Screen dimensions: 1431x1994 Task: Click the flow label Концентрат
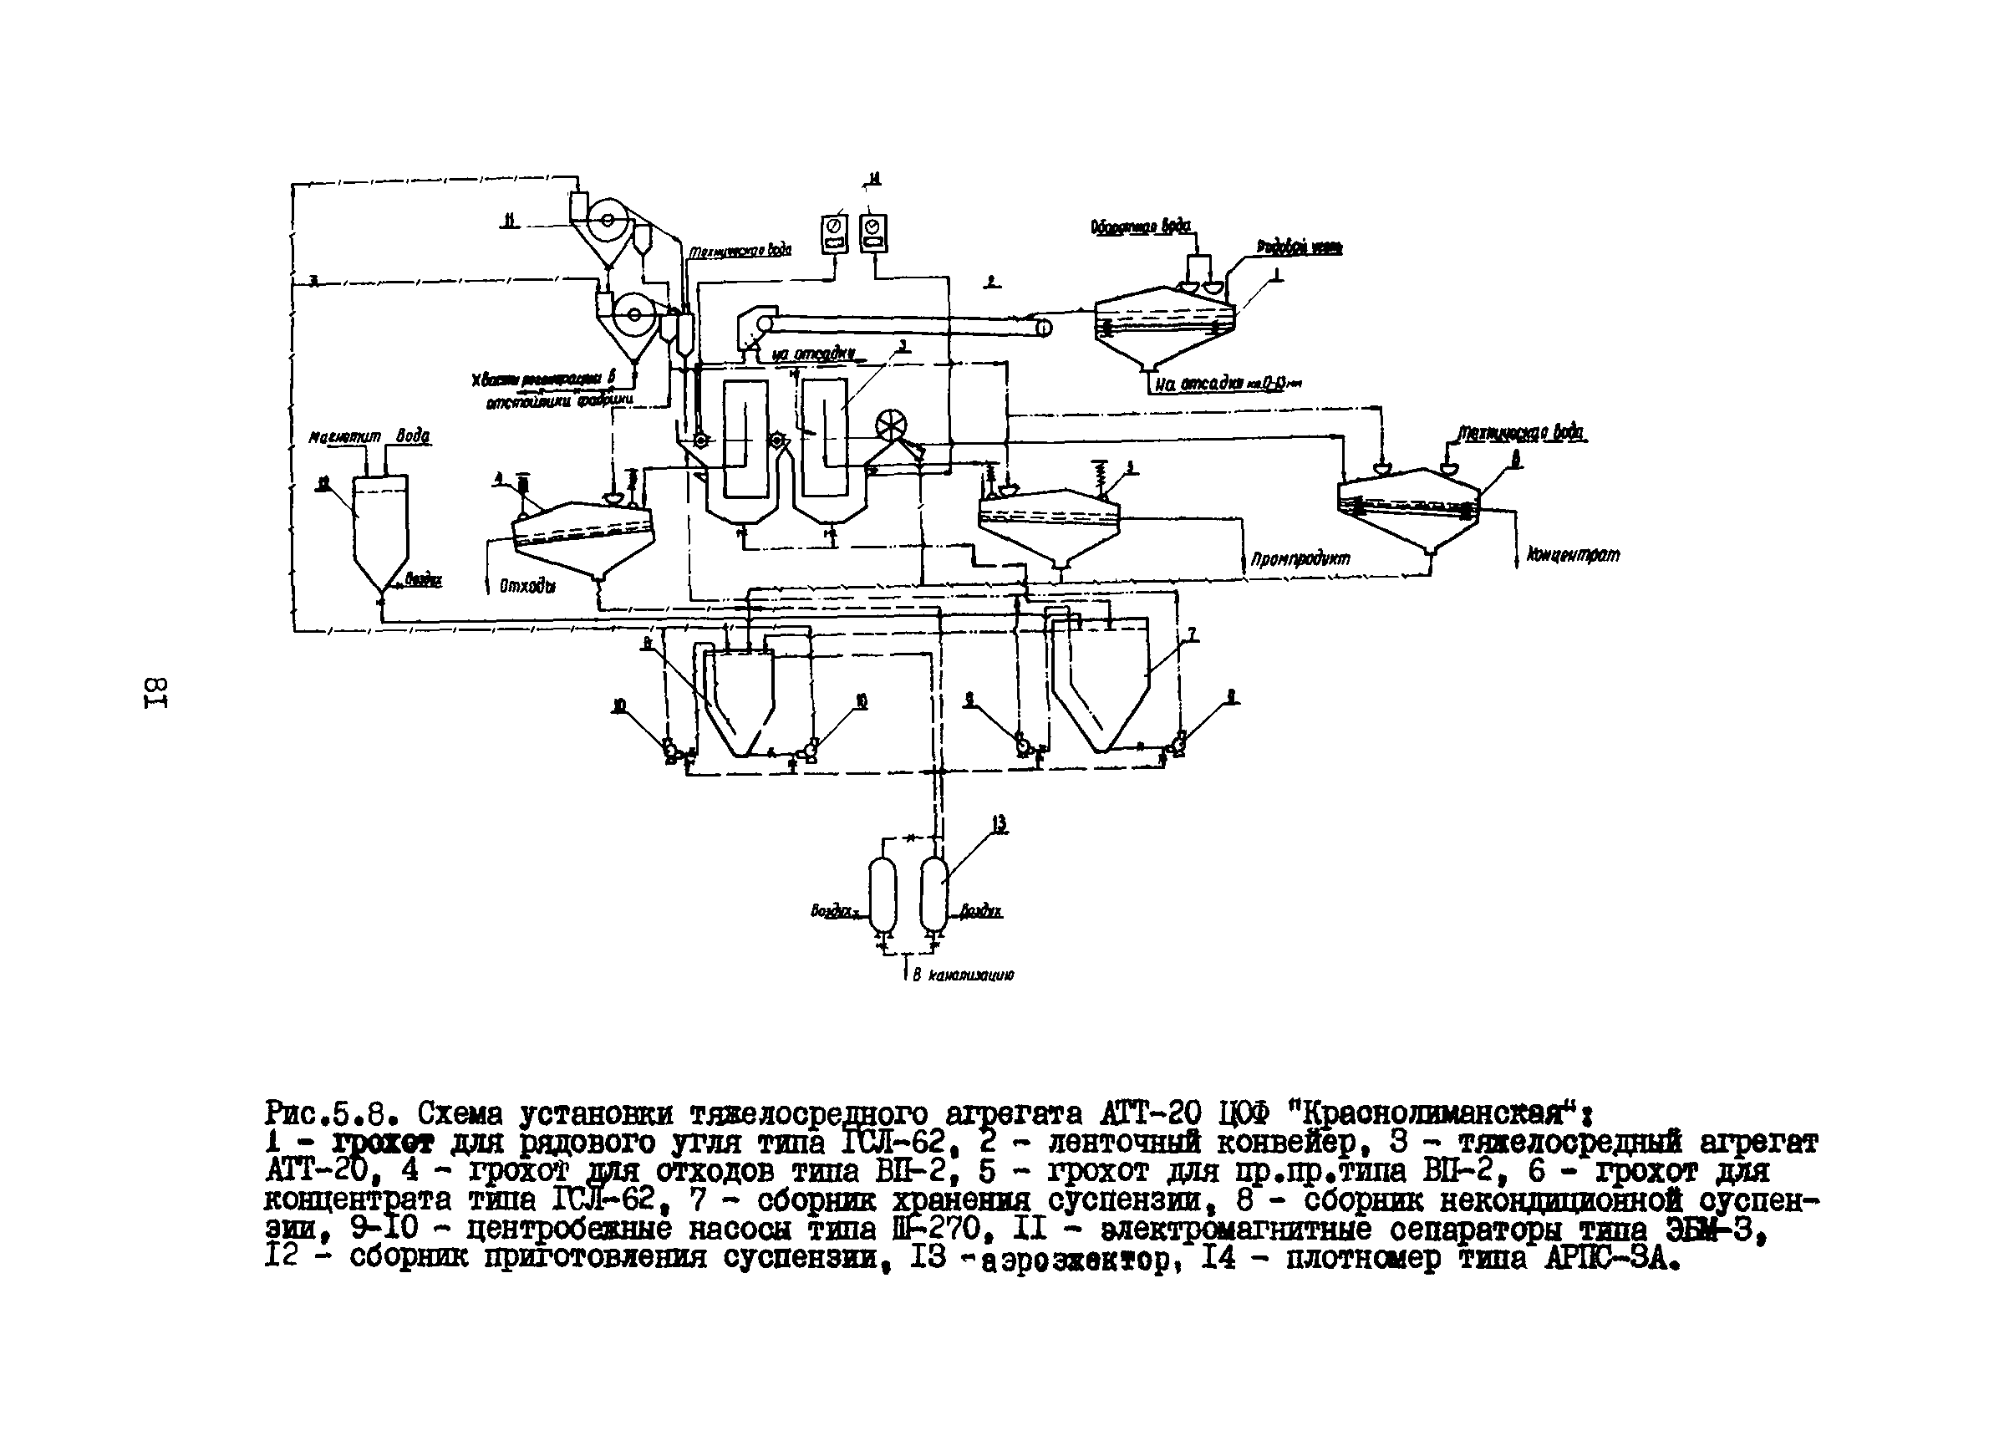coord(1573,555)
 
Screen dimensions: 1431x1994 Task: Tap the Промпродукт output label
coord(1300,558)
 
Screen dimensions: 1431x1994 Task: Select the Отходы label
coord(527,586)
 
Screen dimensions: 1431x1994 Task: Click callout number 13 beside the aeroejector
coord(999,825)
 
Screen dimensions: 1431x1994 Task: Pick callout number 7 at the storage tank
coord(1191,634)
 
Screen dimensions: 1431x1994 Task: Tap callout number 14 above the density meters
coord(873,180)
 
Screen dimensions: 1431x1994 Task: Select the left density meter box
coord(834,233)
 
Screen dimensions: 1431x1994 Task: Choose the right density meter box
coord(873,233)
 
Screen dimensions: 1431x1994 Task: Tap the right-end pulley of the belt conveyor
coord(1044,327)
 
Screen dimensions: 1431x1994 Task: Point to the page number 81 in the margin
coord(155,692)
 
